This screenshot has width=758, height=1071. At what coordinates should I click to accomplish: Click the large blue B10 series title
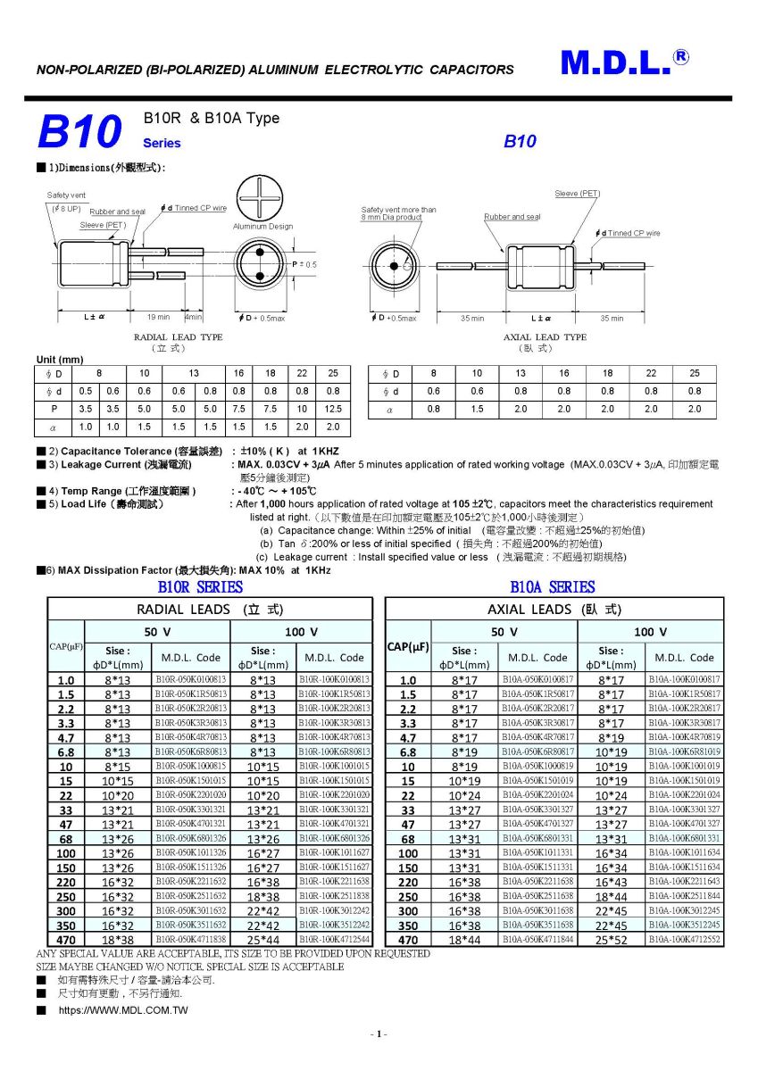click(79, 132)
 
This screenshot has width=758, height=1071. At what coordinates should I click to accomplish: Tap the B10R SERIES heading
click(200, 587)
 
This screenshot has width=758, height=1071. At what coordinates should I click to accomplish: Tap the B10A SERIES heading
click(552, 587)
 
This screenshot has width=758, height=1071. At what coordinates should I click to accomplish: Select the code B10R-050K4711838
click(191, 939)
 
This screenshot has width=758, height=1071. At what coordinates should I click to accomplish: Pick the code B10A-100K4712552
click(684, 939)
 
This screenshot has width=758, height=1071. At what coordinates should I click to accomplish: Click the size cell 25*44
click(263, 940)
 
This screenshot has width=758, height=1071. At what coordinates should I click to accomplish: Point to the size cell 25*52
click(612, 940)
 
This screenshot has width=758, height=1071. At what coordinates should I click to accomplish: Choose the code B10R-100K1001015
click(334, 766)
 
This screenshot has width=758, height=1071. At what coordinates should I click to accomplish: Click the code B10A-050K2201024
click(537, 794)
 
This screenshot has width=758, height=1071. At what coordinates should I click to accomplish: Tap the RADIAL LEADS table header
click(210, 610)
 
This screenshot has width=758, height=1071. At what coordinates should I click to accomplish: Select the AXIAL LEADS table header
click(554, 610)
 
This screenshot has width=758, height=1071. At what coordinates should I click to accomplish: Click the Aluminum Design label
click(262, 227)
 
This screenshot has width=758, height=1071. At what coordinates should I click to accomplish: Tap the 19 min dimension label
click(159, 318)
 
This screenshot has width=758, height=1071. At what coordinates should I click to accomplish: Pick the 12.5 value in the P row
click(333, 409)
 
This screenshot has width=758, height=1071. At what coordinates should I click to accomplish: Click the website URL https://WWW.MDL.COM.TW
click(123, 1010)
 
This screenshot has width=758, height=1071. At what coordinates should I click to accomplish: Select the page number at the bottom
click(379, 1034)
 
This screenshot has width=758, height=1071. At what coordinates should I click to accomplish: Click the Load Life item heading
click(113, 504)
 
